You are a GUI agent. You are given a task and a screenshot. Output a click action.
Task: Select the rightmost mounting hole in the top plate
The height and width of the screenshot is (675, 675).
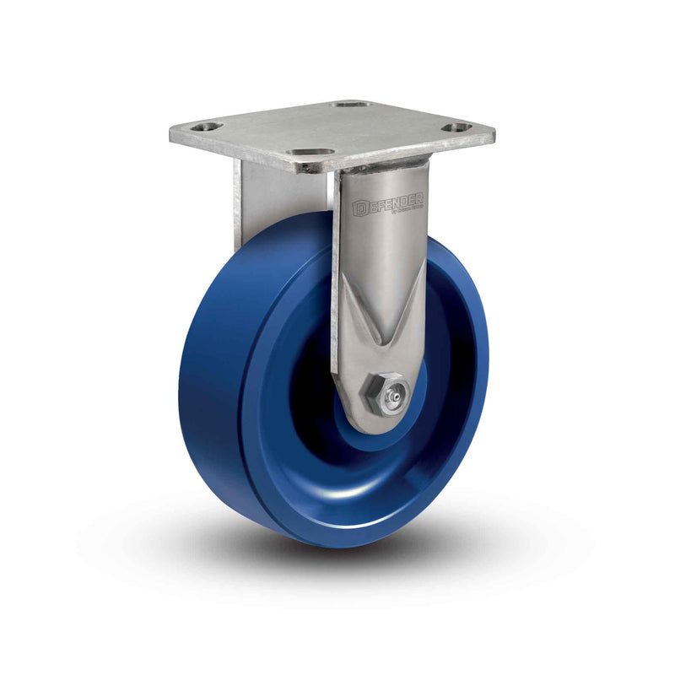pos(456,128)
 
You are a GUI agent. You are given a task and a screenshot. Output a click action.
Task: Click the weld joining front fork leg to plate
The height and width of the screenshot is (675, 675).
pos(380,166)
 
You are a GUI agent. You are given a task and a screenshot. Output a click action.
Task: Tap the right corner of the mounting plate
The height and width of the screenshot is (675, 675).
pos(493,135)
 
